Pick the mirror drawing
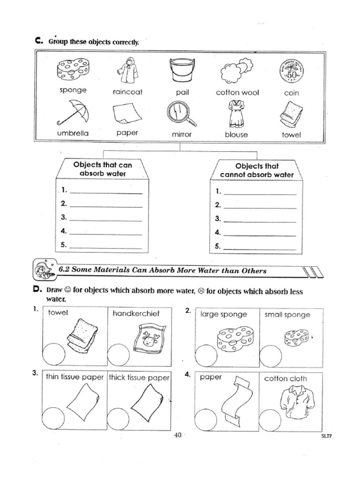tap(181, 114)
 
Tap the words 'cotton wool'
tap(237, 93)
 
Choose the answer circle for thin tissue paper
tap(53, 417)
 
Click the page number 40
tap(178, 435)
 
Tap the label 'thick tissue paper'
tap(139, 377)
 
